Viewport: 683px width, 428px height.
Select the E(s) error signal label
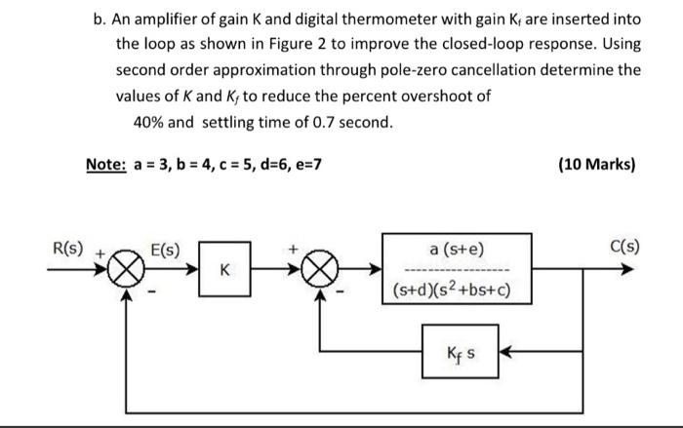[x=163, y=248]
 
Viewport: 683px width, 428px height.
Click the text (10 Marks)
[x=596, y=164]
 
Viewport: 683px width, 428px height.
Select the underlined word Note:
[x=105, y=164]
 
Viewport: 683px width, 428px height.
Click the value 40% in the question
[x=150, y=122]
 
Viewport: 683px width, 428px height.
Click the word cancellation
[x=483, y=70]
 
